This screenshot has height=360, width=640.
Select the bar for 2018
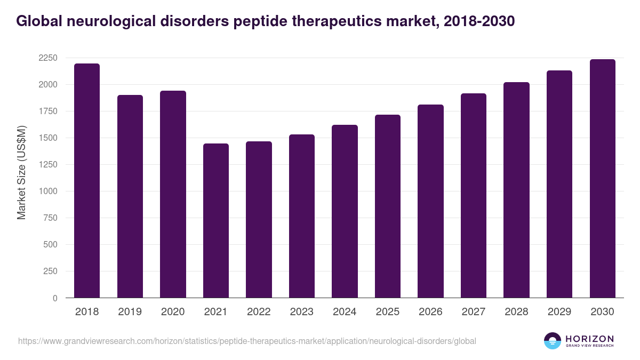(x=87, y=181)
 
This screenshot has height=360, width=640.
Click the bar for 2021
(x=216, y=221)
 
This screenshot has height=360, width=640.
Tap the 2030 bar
(x=603, y=179)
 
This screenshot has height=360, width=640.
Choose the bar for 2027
(x=474, y=196)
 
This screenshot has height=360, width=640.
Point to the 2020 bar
(x=173, y=194)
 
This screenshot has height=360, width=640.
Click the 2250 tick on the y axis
(x=48, y=58)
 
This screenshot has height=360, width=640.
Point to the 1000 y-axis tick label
(x=48, y=191)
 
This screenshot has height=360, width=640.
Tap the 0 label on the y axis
(x=55, y=298)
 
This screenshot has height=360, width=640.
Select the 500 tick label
(x=50, y=245)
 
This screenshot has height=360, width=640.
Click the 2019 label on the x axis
(x=130, y=312)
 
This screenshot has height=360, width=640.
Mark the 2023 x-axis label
(x=302, y=312)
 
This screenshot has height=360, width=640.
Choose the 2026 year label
(x=430, y=312)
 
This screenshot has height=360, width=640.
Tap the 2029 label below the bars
(x=559, y=312)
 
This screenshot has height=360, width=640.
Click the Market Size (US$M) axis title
(x=22, y=173)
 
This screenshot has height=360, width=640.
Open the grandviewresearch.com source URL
(x=247, y=341)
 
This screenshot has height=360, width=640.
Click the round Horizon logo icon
(x=553, y=341)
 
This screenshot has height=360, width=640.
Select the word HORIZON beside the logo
(x=590, y=338)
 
